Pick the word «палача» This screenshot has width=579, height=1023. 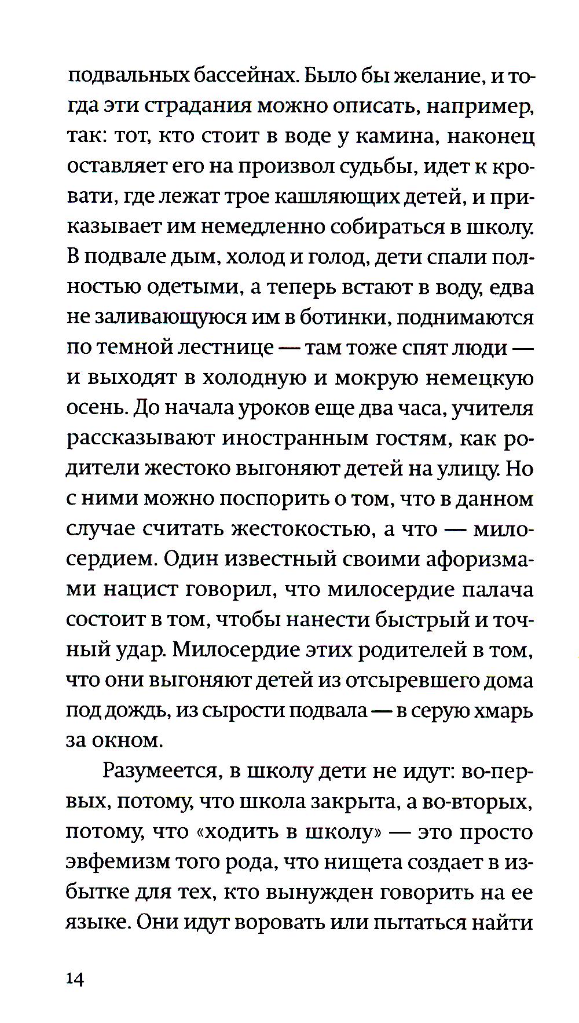point(497,589)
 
